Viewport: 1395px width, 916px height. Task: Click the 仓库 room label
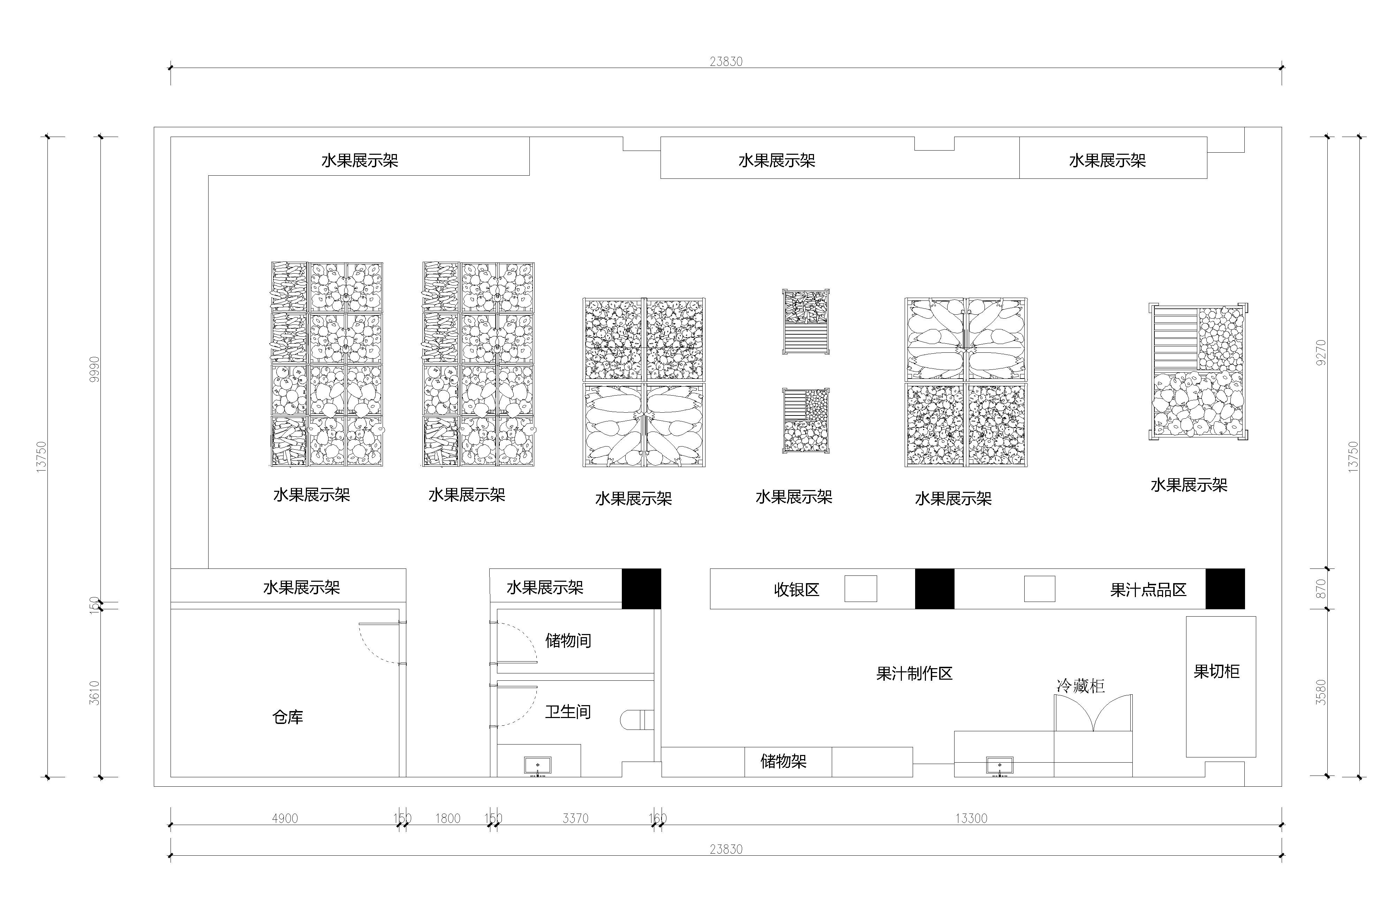(288, 717)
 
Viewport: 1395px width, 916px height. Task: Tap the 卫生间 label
(568, 712)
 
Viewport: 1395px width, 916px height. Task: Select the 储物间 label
(568, 640)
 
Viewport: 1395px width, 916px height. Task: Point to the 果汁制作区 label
(914, 673)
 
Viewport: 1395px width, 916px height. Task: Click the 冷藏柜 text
(1080, 686)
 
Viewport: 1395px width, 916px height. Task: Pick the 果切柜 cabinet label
(1217, 671)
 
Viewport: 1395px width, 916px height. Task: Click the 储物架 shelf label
(784, 761)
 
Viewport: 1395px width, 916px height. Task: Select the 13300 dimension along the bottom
(971, 818)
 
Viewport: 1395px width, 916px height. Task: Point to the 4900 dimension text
(285, 818)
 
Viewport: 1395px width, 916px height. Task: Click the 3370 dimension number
(575, 818)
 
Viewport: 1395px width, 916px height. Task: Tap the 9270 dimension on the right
(1321, 353)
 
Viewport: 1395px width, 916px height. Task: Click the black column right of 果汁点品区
(1225, 589)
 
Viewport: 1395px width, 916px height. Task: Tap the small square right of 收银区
(860, 589)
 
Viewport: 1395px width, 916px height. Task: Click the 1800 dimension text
(448, 818)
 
